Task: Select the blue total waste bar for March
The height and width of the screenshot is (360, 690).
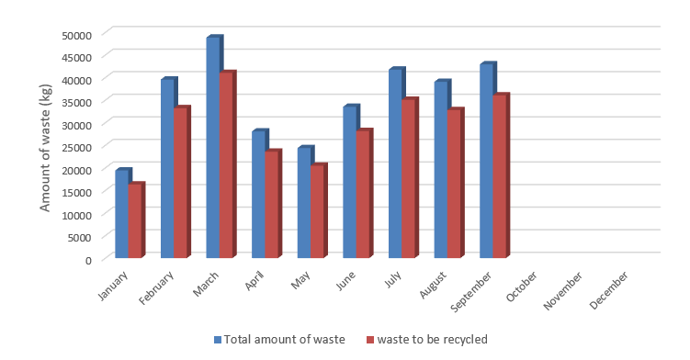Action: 212,147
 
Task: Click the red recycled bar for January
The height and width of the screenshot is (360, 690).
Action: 135,220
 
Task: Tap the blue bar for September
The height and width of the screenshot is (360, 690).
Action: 486,161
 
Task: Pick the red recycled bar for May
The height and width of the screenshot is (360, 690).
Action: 317,211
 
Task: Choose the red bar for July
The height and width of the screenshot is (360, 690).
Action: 408,178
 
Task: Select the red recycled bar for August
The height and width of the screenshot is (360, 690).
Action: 454,184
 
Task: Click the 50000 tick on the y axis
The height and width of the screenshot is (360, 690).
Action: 76,34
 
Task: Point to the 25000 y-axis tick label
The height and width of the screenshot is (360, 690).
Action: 76,147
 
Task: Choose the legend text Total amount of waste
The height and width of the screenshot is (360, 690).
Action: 285,339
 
